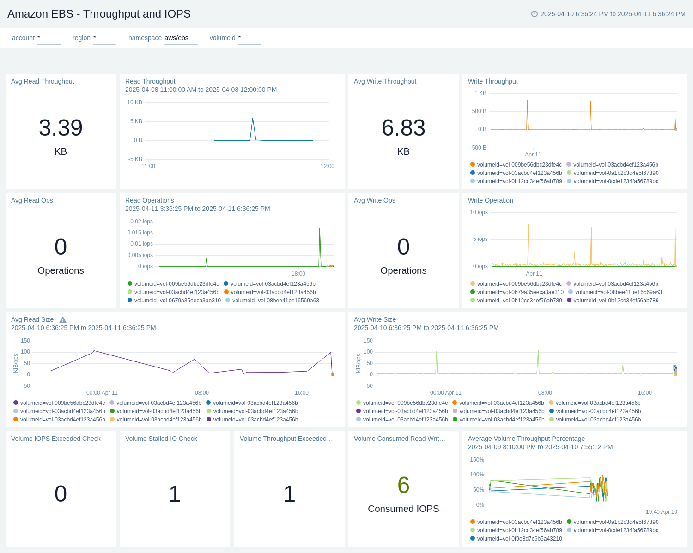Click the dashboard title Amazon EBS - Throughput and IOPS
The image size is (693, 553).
(99, 14)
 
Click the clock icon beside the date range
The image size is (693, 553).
(535, 14)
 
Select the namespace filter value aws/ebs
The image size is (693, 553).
(176, 38)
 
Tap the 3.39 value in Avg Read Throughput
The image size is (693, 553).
(61, 128)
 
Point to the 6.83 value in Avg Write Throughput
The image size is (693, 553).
(403, 128)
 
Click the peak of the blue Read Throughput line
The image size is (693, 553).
(253, 119)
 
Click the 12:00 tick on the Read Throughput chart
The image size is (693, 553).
(327, 166)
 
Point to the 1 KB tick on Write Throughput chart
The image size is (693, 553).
(480, 93)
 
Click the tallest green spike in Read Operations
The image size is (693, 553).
(320, 229)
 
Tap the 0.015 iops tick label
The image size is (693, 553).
(140, 233)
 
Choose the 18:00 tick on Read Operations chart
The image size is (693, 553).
(298, 274)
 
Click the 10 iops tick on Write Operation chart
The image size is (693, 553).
(479, 212)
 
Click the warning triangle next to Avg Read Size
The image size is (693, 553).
(63, 320)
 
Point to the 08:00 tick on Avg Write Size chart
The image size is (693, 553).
(545, 393)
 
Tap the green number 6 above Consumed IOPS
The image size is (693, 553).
(403, 485)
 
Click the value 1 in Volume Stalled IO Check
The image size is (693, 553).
(175, 494)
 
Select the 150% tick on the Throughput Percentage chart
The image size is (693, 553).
(477, 460)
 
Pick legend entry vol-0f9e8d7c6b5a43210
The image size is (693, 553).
(519, 539)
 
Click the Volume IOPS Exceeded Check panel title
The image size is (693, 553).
(56, 439)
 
